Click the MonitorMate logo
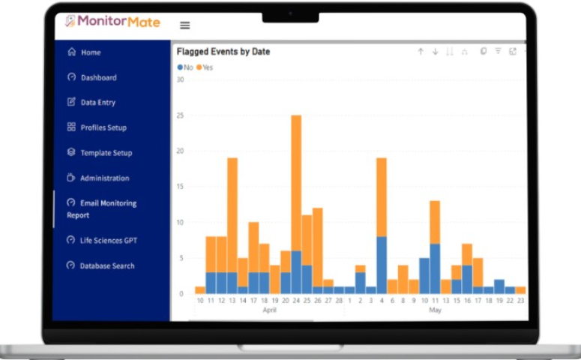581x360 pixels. [112, 22]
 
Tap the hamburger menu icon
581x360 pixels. [185, 25]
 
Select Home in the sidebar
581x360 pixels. [91, 52]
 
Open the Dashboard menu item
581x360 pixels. [98, 77]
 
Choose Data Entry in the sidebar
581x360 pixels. [97, 102]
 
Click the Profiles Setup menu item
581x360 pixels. [103, 127]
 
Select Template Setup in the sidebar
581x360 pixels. [106, 153]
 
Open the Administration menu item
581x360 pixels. [104, 178]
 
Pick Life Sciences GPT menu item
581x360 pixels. [108, 241]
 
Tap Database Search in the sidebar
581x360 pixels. [107, 265]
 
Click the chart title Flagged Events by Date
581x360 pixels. [223, 52]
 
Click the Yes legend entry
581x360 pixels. [205, 67]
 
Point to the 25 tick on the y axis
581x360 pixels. [180, 115]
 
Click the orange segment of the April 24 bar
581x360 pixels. [296, 183]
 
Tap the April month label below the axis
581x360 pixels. [270, 309]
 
